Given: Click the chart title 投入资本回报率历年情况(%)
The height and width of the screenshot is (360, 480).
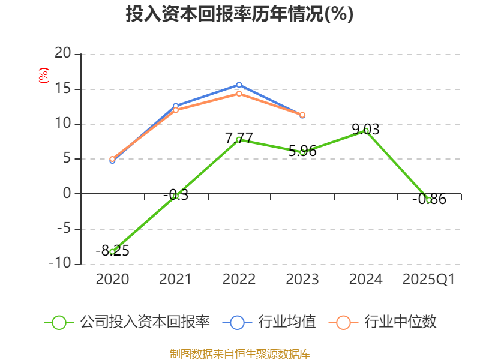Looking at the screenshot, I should pyautogui.click(x=239, y=14).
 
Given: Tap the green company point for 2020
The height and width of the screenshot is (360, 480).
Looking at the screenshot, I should pyautogui.click(x=112, y=251).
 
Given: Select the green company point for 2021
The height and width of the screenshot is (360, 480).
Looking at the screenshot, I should pyautogui.click(x=175, y=196).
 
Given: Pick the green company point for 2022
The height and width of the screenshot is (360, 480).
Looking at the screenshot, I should pyautogui.click(x=239, y=139).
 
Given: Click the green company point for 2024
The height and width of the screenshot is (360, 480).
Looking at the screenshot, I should pyautogui.click(x=366, y=130).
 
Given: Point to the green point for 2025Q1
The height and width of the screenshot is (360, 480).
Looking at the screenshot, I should pyautogui.click(x=429, y=200).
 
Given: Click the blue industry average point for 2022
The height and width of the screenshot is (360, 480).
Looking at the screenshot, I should pyautogui.click(x=239, y=85).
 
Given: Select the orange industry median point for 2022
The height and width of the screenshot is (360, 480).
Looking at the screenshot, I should pyautogui.click(x=239, y=94).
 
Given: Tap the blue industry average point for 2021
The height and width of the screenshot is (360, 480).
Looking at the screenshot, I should pyautogui.click(x=175, y=106).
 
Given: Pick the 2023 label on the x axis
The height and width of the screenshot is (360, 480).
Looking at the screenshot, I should pyautogui.click(x=302, y=280).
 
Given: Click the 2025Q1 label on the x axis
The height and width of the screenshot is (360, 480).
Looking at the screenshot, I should pyautogui.click(x=429, y=280).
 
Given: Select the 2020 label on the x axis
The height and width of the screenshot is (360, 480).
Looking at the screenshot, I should pyautogui.click(x=112, y=280).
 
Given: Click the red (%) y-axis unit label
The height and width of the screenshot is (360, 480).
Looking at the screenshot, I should pyautogui.click(x=43, y=76).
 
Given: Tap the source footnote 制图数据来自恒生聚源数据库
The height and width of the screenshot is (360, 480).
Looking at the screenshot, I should pyautogui.click(x=239, y=353).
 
